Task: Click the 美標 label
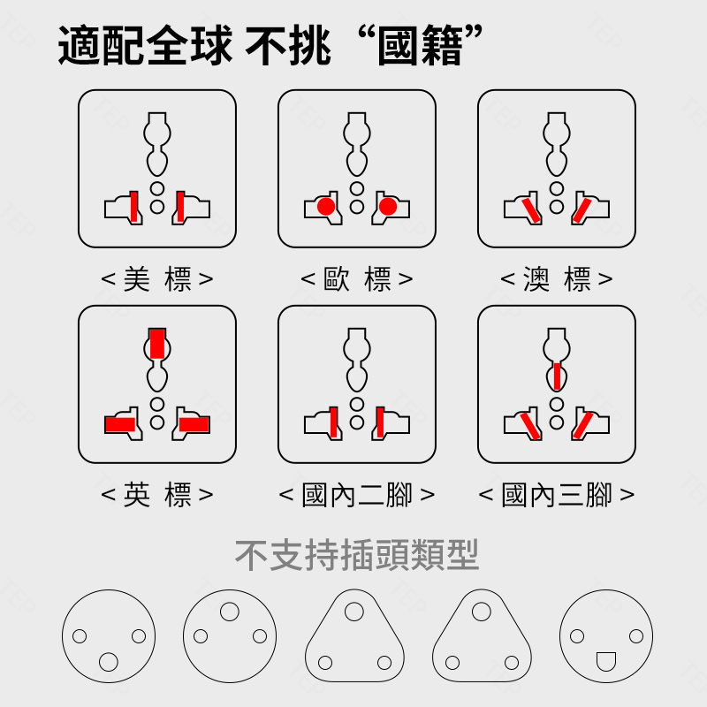(x=157, y=279)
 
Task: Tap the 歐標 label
(x=357, y=279)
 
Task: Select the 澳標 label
(x=557, y=279)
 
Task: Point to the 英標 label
(x=157, y=495)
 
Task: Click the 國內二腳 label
(x=357, y=495)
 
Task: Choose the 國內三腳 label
(x=557, y=495)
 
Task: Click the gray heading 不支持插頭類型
(x=357, y=555)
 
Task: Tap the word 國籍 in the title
(x=420, y=46)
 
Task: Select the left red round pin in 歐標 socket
(x=326, y=207)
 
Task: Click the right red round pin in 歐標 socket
(x=388, y=207)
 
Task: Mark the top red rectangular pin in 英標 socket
(x=157, y=344)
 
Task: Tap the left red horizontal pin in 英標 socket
(x=120, y=424)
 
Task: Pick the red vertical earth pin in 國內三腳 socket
(x=557, y=376)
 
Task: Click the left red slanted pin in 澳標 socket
(x=531, y=210)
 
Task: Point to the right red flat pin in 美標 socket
(x=180, y=207)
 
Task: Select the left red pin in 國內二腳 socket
(x=333, y=422)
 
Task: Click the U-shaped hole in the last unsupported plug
(x=606, y=661)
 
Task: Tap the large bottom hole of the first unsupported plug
(x=108, y=662)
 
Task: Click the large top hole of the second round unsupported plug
(x=230, y=612)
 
